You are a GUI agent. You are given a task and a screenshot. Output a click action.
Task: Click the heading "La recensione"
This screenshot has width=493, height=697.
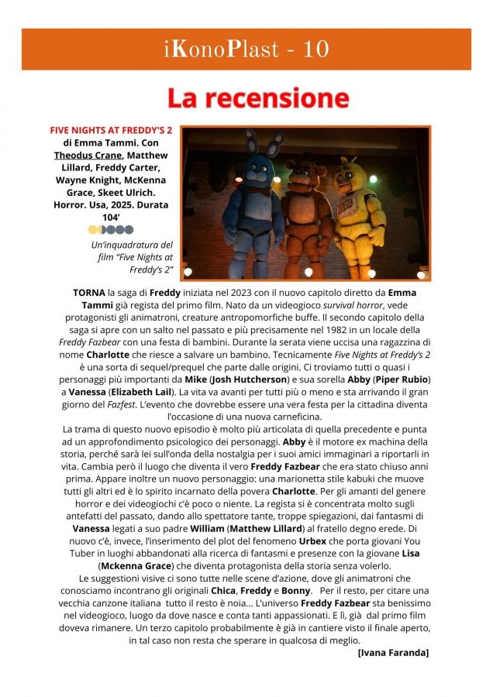tap(258, 98)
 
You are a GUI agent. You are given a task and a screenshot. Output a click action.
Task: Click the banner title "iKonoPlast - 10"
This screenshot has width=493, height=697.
tap(246, 50)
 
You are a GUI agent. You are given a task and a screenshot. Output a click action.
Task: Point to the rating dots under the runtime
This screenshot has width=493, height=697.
tap(111, 229)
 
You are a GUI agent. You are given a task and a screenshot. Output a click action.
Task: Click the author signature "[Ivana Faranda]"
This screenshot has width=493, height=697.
tap(393, 653)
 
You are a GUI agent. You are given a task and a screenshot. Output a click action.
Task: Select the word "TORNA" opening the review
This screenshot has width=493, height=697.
tap(89, 293)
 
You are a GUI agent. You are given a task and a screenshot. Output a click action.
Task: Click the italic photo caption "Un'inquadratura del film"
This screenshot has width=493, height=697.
tap(131, 256)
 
